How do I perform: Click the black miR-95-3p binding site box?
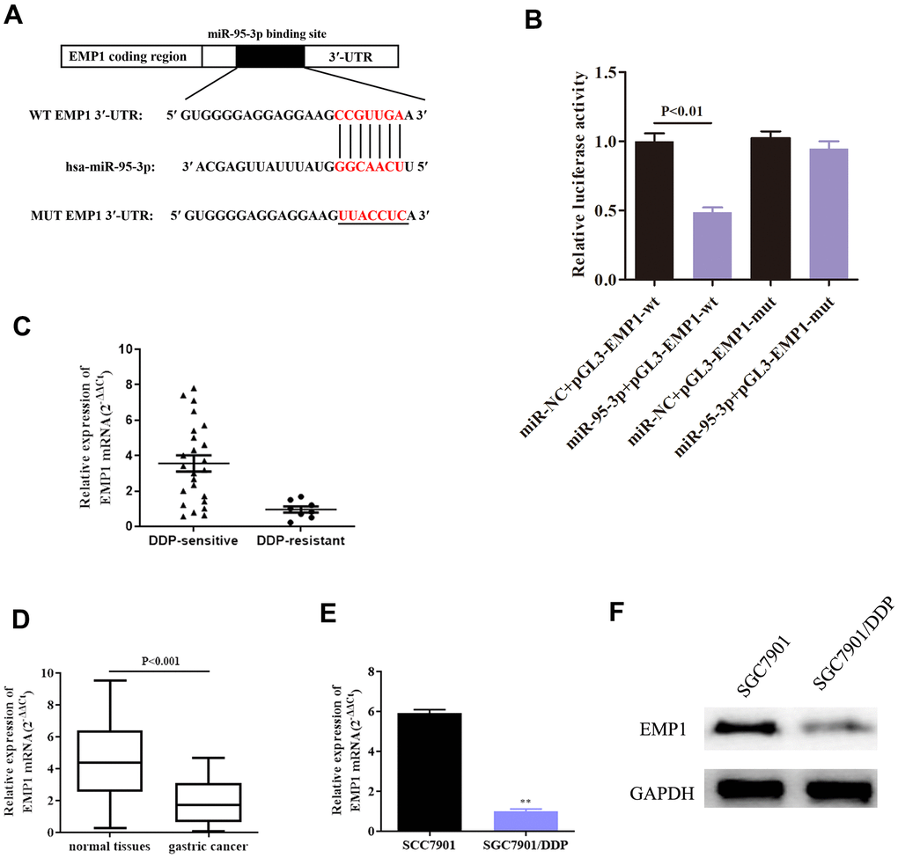[x=270, y=56]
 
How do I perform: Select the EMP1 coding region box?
[x=131, y=56]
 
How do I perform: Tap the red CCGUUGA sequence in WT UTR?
[x=370, y=114]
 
